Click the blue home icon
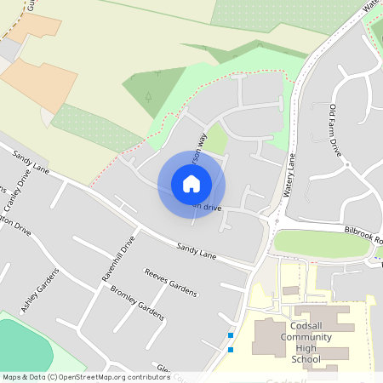pos(191,184)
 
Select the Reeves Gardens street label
pos(170,282)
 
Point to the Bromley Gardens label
pos(137,303)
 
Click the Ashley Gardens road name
pos(41,291)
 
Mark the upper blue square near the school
pos(231,336)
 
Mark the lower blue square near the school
pos(231,349)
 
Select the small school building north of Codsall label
pos(290,291)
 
